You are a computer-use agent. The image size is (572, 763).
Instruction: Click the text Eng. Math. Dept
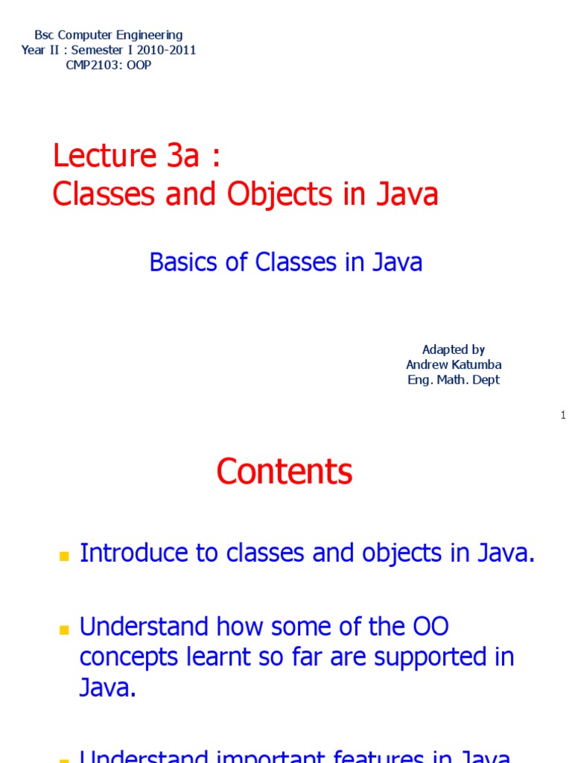click(453, 379)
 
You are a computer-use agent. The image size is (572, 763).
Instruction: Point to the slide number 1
click(564, 415)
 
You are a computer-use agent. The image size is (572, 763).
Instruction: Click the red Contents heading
click(285, 472)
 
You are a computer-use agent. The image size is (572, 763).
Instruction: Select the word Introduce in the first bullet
click(130, 553)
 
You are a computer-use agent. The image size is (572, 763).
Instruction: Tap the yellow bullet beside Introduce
click(63, 556)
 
